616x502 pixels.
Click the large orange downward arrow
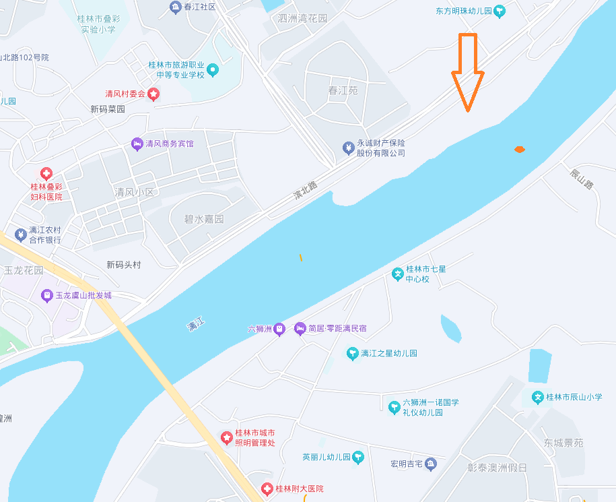(x=467, y=71)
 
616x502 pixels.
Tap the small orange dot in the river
(x=519, y=149)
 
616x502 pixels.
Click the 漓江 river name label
(x=196, y=326)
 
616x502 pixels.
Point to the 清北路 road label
(x=305, y=189)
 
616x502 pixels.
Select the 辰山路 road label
(x=582, y=179)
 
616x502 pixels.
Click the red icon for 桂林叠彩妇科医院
(x=46, y=173)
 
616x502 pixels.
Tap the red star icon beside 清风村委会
(x=154, y=94)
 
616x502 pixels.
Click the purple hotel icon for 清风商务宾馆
(x=137, y=144)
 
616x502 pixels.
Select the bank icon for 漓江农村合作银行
(x=20, y=234)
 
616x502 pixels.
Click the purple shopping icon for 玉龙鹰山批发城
(x=46, y=295)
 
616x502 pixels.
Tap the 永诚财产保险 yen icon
(x=348, y=148)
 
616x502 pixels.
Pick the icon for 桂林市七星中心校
(x=398, y=274)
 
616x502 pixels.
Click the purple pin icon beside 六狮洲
(x=280, y=329)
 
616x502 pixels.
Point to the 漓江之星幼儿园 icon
(x=352, y=353)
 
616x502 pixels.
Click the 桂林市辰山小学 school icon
(x=537, y=397)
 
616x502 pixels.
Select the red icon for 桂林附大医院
(x=267, y=489)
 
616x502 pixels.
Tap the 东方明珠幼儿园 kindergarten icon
(x=500, y=11)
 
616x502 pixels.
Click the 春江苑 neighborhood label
(x=343, y=90)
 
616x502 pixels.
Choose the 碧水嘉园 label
(x=204, y=219)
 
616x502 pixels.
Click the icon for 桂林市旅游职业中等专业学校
(x=213, y=69)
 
